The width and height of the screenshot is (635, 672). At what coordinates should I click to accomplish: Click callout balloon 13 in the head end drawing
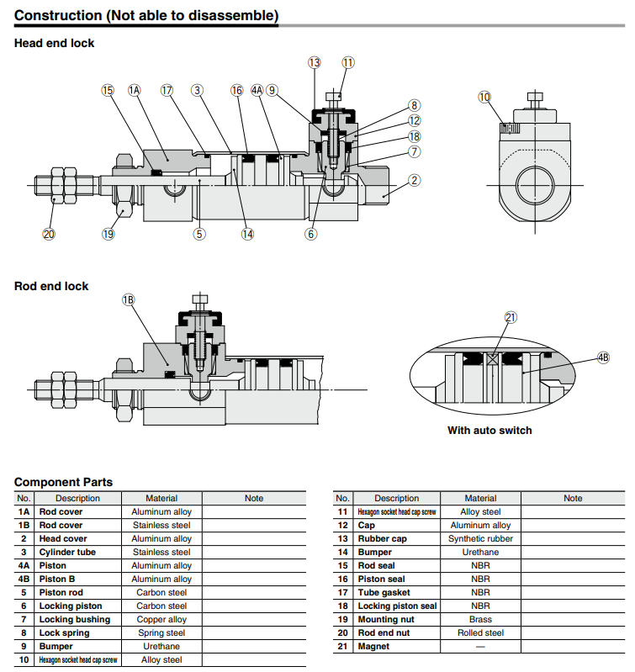click(314, 63)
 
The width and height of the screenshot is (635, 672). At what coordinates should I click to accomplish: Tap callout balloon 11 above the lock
click(348, 63)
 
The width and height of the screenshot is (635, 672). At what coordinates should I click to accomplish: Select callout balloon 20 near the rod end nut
click(49, 234)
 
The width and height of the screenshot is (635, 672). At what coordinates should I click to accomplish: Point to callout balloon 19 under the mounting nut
click(108, 234)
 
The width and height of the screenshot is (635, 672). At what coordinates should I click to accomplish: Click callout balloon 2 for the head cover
click(415, 179)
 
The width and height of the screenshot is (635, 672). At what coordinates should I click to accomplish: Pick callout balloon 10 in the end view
click(484, 98)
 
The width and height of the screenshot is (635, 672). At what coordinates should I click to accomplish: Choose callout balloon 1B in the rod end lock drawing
click(129, 300)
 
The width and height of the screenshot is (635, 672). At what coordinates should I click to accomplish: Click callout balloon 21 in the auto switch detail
click(511, 317)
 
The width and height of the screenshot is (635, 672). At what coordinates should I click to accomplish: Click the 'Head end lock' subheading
click(55, 43)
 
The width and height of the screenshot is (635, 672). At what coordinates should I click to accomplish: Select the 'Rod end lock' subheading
click(51, 286)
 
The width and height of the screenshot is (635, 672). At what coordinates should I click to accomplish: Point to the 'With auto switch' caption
click(489, 431)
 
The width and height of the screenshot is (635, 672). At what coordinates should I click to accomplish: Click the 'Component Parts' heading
click(63, 482)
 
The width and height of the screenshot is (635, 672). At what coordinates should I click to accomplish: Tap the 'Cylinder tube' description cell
click(67, 552)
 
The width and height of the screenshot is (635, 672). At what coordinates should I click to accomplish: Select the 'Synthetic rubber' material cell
click(480, 538)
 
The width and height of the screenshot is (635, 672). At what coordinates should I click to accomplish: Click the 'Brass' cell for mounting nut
click(480, 619)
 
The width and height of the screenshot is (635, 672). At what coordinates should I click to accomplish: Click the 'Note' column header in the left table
click(254, 498)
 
